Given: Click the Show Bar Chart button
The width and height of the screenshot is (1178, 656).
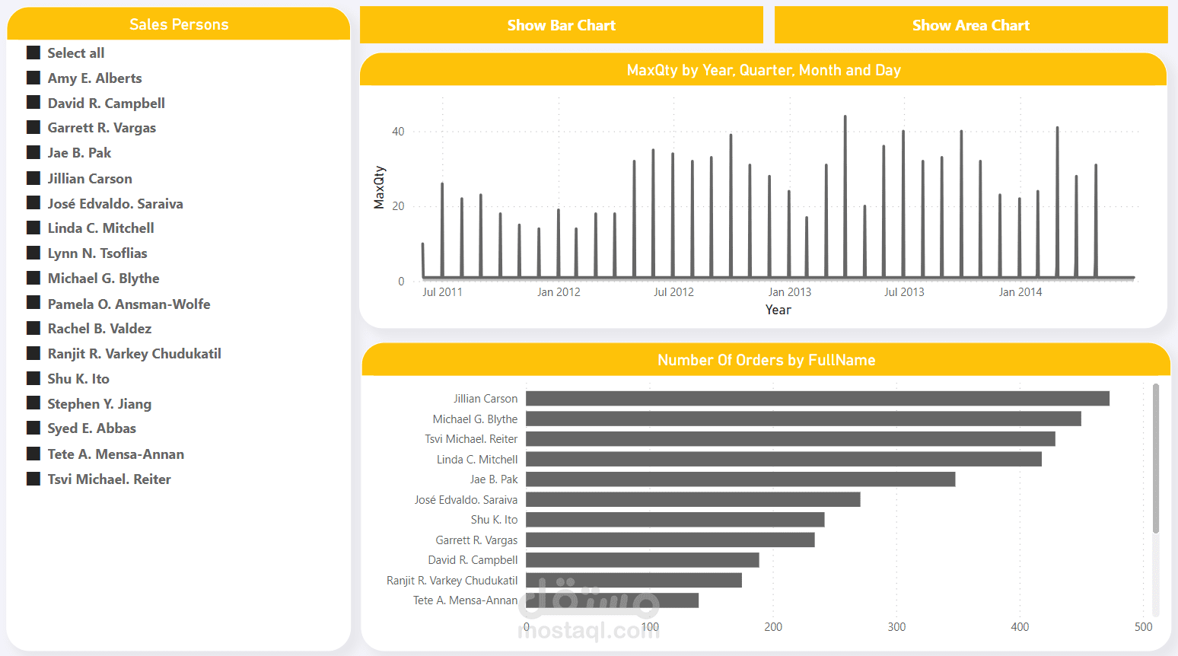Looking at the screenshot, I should click(561, 25).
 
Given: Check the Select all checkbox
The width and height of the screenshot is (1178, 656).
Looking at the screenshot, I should click(33, 53).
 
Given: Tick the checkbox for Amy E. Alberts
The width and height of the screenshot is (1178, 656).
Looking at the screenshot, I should click(33, 78).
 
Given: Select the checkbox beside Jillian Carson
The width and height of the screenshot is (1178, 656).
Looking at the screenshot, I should click(33, 178).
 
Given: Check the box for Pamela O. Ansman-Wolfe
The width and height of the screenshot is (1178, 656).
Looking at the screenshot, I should click(33, 303).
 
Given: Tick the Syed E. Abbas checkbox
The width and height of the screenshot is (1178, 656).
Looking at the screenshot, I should click(33, 428).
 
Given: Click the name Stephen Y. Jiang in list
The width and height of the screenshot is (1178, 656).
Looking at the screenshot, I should click(99, 403).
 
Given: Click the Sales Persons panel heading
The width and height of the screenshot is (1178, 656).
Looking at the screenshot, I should click(179, 24).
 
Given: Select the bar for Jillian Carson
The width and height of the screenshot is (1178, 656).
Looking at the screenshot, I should click(817, 399).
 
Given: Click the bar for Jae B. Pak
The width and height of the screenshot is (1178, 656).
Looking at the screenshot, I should click(740, 479).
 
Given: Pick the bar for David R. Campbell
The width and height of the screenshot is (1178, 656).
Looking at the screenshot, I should click(642, 560).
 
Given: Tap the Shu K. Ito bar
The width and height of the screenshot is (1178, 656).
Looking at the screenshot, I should click(675, 520).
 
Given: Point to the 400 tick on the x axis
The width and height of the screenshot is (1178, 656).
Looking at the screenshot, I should click(1020, 627).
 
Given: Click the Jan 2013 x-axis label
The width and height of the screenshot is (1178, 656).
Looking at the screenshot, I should click(789, 292).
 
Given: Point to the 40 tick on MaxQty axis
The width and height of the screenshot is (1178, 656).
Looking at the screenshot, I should click(398, 132).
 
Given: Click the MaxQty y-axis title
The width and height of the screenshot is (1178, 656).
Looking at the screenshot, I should click(379, 187).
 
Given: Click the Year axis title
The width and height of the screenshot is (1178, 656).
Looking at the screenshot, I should click(778, 310).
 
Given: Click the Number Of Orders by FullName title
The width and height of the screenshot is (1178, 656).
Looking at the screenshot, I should click(766, 360).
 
